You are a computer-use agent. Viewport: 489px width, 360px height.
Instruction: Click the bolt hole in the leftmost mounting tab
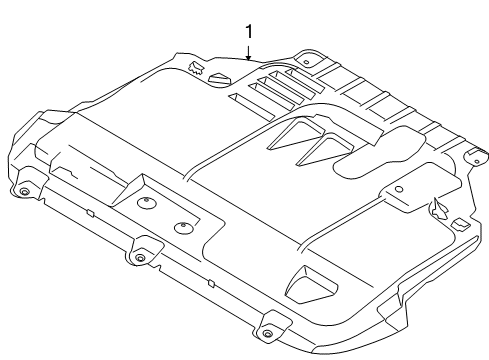pyautogui.click(x=21, y=191)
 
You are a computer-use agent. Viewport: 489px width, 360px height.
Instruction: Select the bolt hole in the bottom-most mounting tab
pyautogui.click(x=267, y=332)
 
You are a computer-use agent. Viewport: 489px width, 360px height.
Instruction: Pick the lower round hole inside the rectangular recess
pyautogui.click(x=181, y=228)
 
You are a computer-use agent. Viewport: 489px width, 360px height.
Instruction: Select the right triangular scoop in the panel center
pyautogui.click(x=318, y=150)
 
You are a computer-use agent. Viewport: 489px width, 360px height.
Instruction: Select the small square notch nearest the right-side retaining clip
pyautogui.click(x=458, y=222)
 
